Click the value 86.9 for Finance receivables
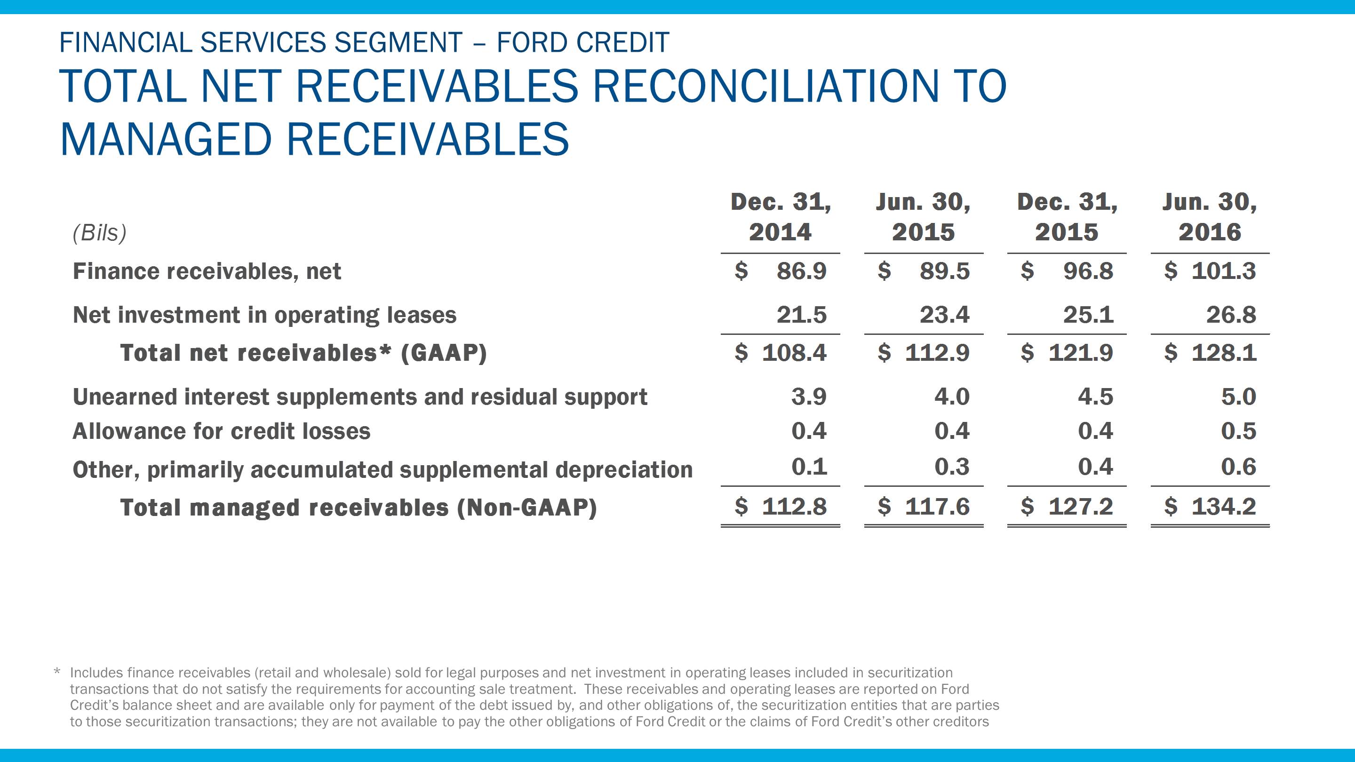801,271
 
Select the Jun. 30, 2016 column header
1209,217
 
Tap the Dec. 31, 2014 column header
781,217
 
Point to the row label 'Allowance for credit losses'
222,431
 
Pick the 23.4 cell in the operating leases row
944,315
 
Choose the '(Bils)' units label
99,232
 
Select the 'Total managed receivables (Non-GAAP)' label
358,508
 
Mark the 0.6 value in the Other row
1238,467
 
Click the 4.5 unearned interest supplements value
1095,397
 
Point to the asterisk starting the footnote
57,673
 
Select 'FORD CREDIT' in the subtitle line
583,43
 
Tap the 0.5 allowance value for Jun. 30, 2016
1238,431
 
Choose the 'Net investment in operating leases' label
264,315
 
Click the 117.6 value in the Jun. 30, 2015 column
937,507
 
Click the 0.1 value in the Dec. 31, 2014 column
809,467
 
